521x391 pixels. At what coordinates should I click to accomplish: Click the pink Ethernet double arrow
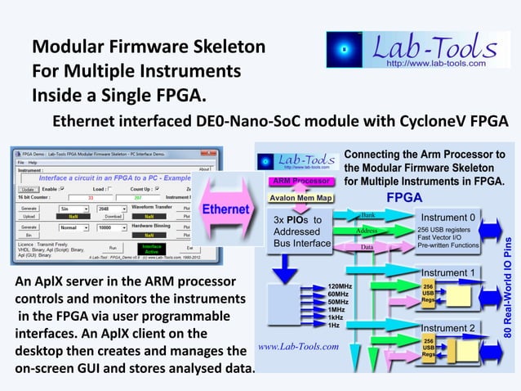pos(225,209)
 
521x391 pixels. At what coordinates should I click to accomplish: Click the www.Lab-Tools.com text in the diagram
pos(298,346)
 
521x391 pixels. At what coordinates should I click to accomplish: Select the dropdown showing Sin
pos(72,209)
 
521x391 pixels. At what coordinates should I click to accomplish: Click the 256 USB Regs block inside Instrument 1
pos(428,292)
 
